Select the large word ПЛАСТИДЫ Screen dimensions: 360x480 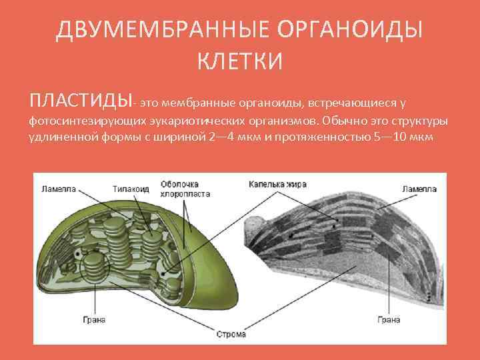[79, 102]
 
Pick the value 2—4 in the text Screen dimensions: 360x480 [221, 137]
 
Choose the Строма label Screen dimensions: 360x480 [231, 333]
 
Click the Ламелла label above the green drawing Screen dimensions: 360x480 [59, 189]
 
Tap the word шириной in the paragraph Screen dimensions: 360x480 [181, 137]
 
